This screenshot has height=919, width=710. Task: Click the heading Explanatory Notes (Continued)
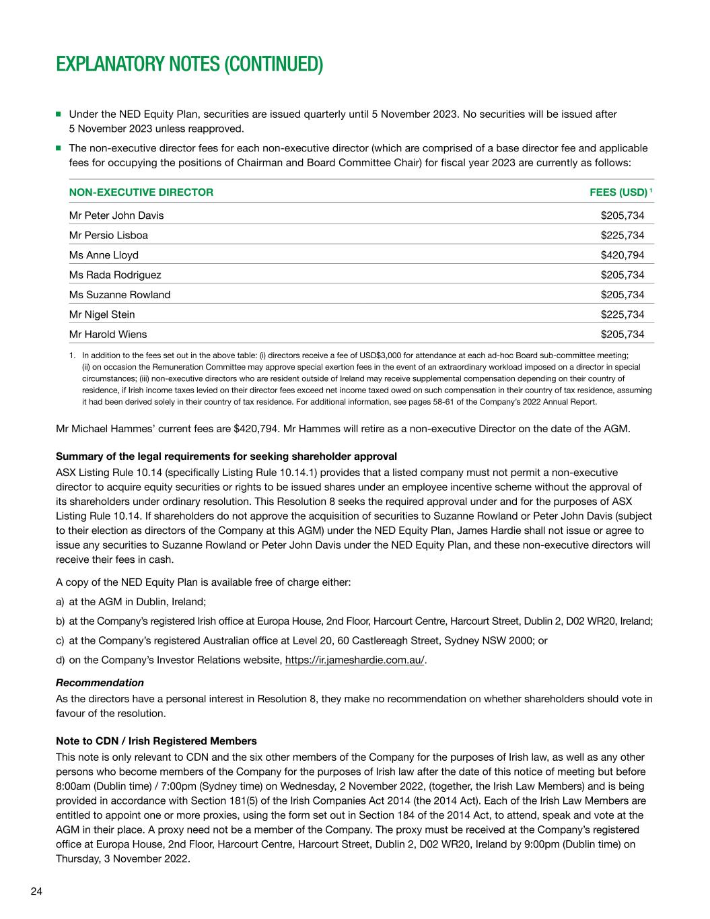point(189,65)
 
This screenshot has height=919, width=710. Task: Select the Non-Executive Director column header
point(141,193)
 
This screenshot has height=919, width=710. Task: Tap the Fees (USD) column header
point(619,193)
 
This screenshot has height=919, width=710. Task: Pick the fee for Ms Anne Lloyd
point(623,255)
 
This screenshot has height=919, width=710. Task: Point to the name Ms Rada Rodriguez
point(115,275)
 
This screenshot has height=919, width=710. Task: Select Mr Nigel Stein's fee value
point(623,314)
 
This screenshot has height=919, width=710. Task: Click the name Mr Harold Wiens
point(108,334)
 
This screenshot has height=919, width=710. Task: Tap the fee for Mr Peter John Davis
point(623,215)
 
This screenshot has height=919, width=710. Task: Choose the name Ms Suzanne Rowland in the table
point(120,294)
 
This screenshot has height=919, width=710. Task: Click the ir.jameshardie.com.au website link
point(355,660)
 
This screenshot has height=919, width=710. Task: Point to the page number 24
point(36,892)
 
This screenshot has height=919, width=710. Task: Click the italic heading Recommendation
point(100,683)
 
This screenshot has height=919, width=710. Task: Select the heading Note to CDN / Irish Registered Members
point(156,741)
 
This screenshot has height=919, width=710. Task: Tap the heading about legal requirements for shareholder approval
point(226,456)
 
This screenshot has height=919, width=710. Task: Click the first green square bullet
point(59,114)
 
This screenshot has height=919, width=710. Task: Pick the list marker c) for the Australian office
point(61,640)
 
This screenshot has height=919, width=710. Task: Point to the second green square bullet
point(59,147)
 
